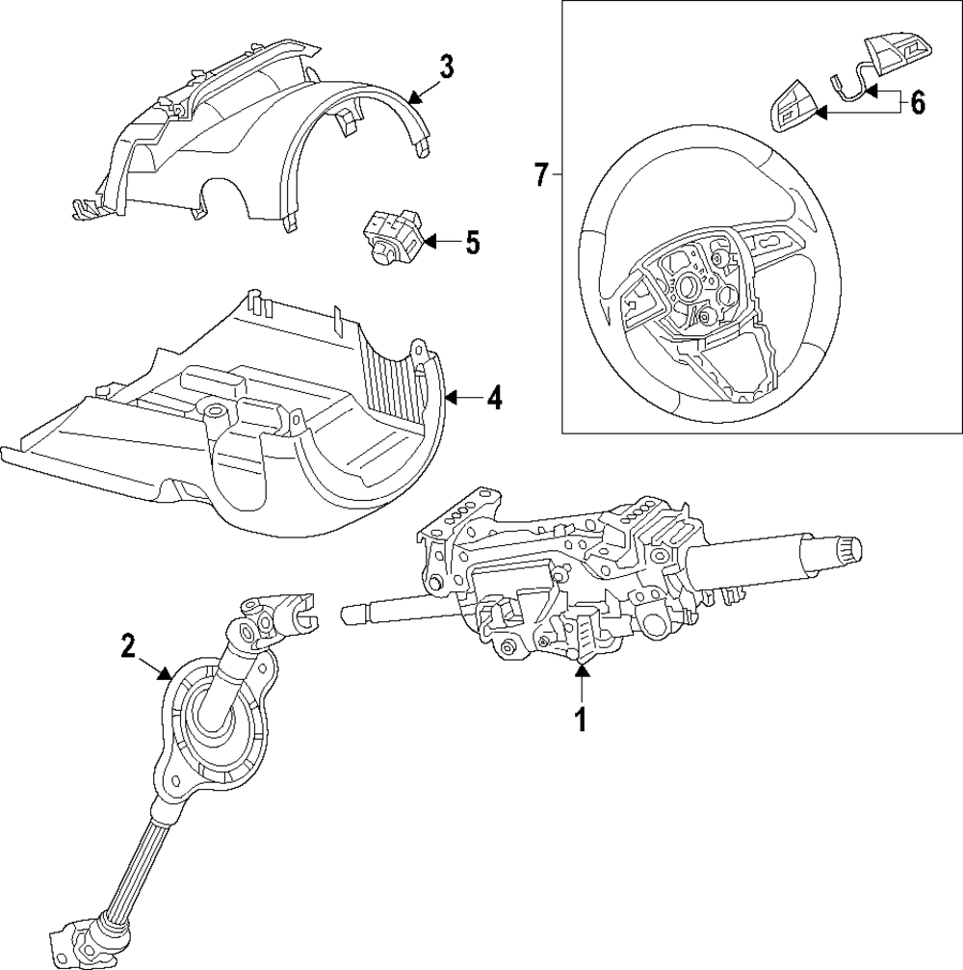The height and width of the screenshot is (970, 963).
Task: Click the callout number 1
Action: (x=580, y=718)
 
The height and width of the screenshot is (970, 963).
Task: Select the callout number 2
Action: (x=129, y=645)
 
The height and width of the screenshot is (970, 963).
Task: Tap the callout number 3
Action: (x=446, y=67)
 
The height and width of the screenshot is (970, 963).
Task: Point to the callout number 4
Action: (x=493, y=397)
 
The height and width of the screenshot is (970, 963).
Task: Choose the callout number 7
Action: (x=541, y=174)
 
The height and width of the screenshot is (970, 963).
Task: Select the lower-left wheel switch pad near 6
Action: (x=792, y=107)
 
